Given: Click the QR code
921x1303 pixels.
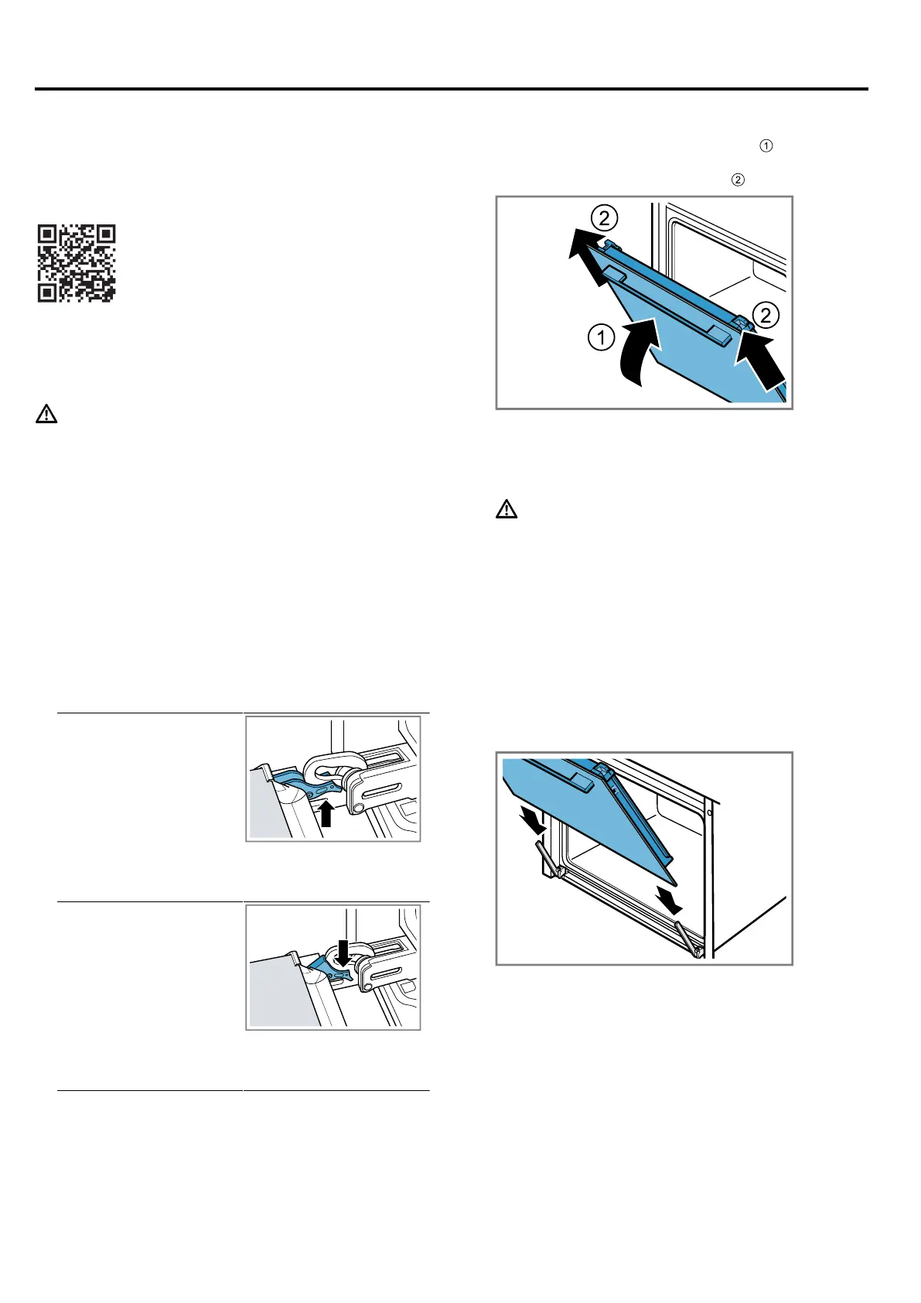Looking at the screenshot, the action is (77, 263).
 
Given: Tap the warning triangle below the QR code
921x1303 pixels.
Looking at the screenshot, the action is (46, 414).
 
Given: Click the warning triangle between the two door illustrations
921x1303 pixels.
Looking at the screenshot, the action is (507, 509).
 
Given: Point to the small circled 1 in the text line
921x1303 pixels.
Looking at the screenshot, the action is (766, 146).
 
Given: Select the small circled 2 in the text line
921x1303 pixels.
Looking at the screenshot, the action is (738, 180).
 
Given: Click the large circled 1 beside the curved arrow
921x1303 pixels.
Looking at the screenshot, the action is (601, 337).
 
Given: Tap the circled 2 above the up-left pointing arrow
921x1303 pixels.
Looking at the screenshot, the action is (605, 218).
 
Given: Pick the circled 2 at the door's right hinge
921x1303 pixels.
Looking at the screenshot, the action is (766, 315).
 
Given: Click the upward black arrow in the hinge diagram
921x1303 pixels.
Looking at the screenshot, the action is (326, 814).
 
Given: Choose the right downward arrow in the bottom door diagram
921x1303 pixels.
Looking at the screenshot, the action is (670, 899).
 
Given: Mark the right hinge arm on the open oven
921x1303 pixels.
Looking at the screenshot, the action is (689, 939).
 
